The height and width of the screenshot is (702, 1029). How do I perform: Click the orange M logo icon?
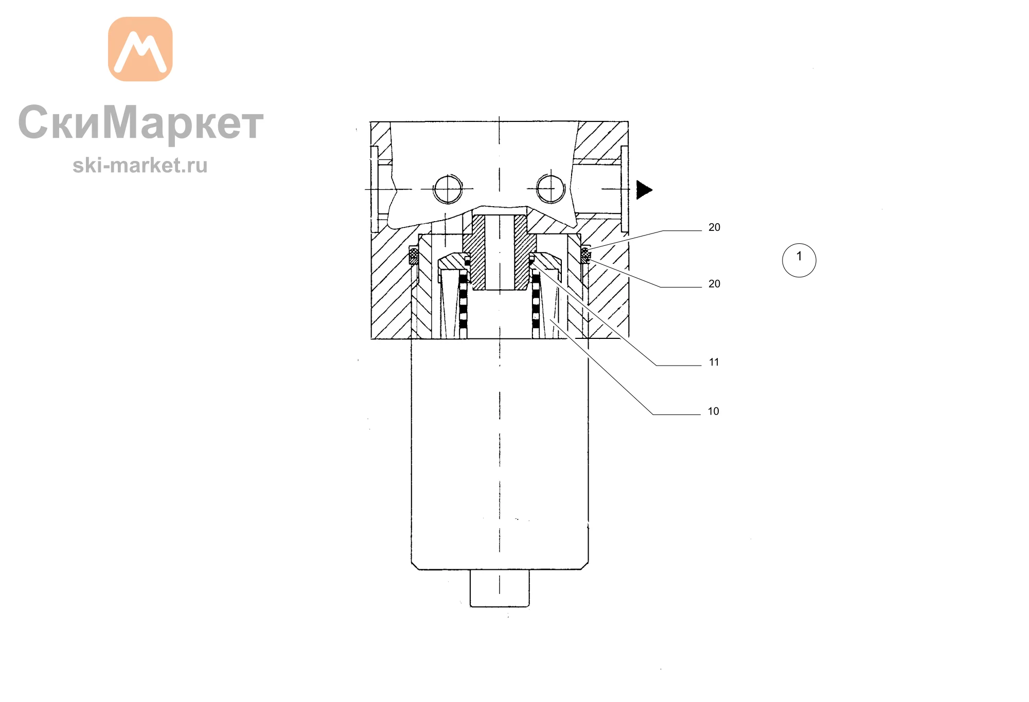coord(140,49)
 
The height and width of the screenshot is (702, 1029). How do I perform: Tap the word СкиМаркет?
coord(140,122)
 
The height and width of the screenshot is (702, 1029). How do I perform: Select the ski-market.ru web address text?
coord(140,165)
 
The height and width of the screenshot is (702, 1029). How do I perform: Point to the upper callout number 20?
coord(714,227)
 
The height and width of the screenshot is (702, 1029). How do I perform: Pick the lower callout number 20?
coord(714,284)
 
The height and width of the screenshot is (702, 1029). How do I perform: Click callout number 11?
coord(714,362)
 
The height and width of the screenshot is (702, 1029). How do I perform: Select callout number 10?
coord(713,411)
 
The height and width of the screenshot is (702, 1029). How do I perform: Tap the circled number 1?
coord(799,260)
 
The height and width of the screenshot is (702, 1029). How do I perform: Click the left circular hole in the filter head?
coord(448,189)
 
